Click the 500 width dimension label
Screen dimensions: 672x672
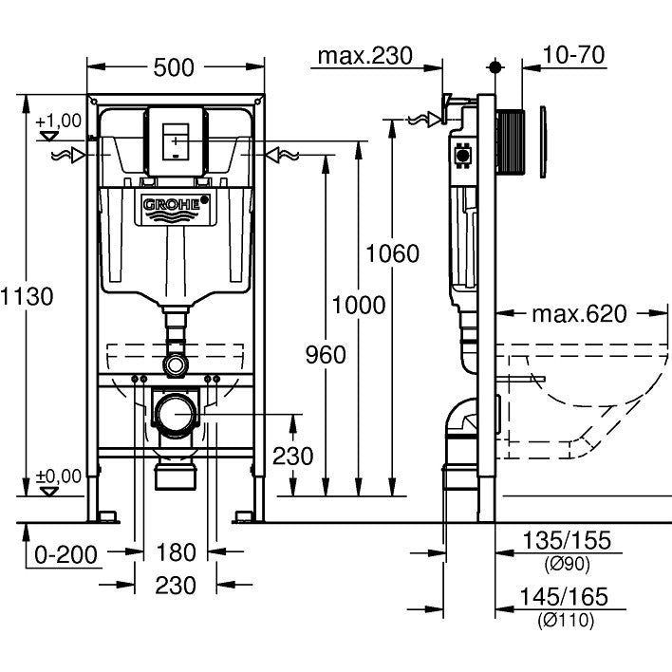(176, 67)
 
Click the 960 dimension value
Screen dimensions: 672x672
(326, 354)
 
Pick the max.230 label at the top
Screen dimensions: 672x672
(364, 56)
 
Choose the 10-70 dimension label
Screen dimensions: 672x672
(575, 56)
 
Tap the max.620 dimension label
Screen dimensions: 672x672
(579, 314)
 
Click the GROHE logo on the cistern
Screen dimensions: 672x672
(177, 205)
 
